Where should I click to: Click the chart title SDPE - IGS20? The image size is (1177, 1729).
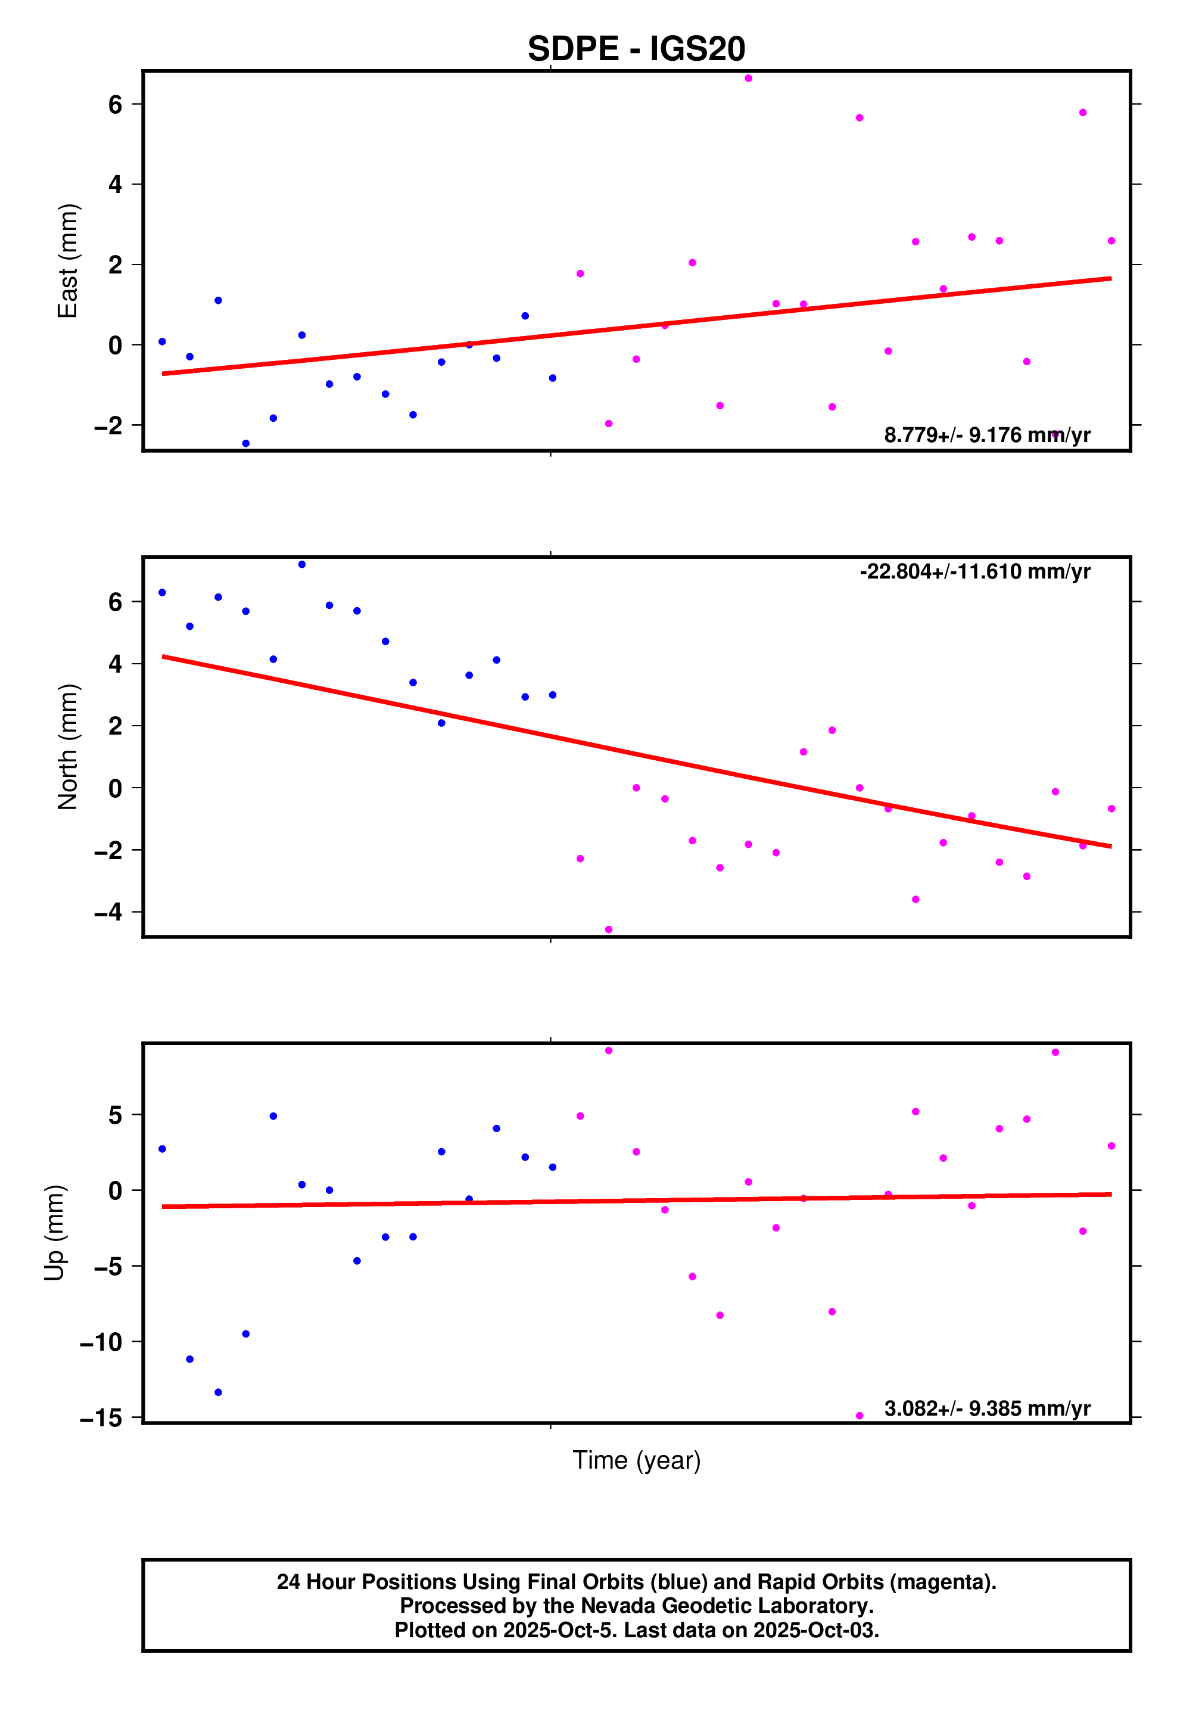(636, 49)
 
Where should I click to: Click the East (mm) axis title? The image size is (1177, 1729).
(68, 260)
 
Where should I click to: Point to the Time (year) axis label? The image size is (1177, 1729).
(636, 1460)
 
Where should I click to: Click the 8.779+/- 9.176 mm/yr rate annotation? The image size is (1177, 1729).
(986, 435)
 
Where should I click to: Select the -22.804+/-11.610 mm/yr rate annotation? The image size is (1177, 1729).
(974, 571)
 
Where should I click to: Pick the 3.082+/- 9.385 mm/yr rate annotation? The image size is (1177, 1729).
(986, 1408)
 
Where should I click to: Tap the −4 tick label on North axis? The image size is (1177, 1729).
(108, 912)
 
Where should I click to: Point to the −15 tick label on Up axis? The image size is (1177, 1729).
(101, 1418)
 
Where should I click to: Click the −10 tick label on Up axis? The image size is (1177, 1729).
(101, 1342)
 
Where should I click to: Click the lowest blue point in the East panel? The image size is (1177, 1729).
(245, 443)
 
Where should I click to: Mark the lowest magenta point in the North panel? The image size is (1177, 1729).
(609, 930)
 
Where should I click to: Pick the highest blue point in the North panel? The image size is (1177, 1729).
(301, 565)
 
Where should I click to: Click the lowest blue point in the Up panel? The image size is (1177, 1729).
(218, 1392)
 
